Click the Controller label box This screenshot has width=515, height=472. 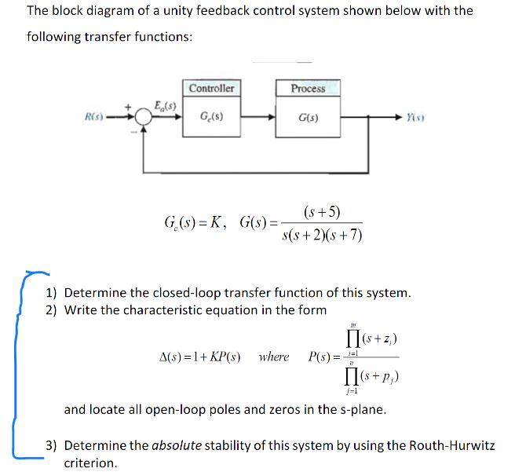211,88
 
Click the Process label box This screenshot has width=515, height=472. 308,88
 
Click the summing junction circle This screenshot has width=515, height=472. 143,117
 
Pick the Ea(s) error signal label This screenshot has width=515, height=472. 166,104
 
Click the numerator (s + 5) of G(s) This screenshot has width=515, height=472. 321,211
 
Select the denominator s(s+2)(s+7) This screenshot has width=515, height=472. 321,235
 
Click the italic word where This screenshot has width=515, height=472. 273,357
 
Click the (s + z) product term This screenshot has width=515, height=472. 378,338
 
